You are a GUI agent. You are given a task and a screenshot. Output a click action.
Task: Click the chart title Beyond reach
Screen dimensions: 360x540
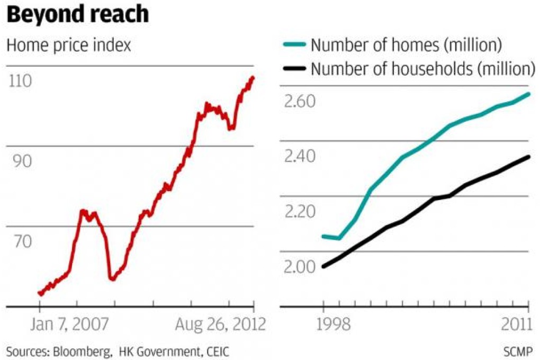77,14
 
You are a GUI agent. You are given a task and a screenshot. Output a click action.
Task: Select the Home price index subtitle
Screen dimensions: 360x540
68,46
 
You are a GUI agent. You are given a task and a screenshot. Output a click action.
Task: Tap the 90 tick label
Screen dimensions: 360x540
19,161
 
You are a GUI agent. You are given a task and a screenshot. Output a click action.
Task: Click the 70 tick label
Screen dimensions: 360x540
19,241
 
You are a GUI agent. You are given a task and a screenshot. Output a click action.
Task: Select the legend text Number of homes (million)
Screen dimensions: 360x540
406,46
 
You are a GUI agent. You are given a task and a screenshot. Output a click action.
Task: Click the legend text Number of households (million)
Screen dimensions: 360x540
421,68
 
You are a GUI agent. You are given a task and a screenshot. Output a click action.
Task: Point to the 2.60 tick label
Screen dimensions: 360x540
300,101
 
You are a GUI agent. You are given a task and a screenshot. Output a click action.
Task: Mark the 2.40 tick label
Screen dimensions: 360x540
300,156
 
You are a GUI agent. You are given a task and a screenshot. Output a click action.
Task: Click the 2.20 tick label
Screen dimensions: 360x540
300,212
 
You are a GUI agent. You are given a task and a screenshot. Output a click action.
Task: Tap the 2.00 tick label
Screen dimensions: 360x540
300,267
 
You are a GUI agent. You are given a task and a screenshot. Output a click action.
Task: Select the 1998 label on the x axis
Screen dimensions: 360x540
323,323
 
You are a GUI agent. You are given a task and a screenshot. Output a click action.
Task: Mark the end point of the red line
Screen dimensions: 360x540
253,78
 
